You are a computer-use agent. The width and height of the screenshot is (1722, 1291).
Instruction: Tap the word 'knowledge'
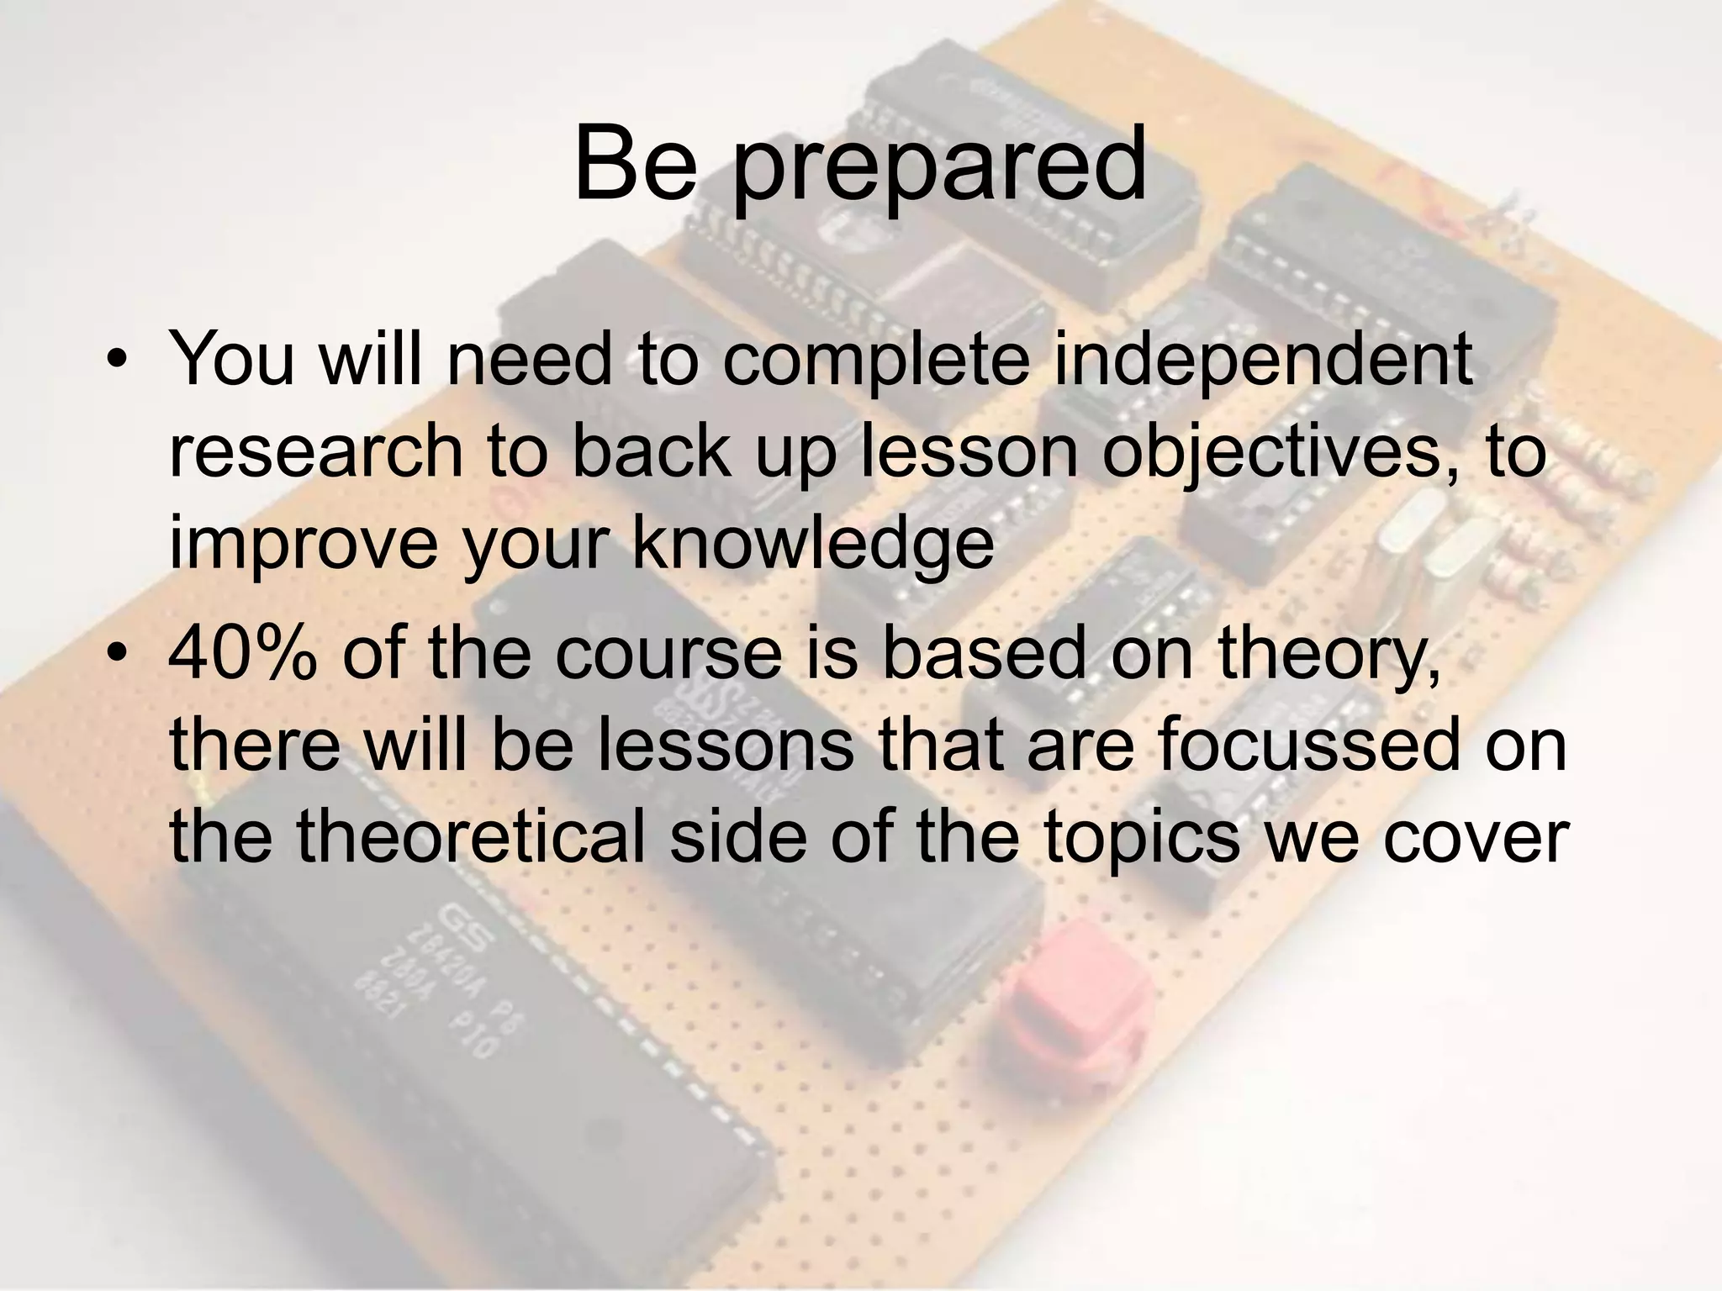click(x=812, y=542)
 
